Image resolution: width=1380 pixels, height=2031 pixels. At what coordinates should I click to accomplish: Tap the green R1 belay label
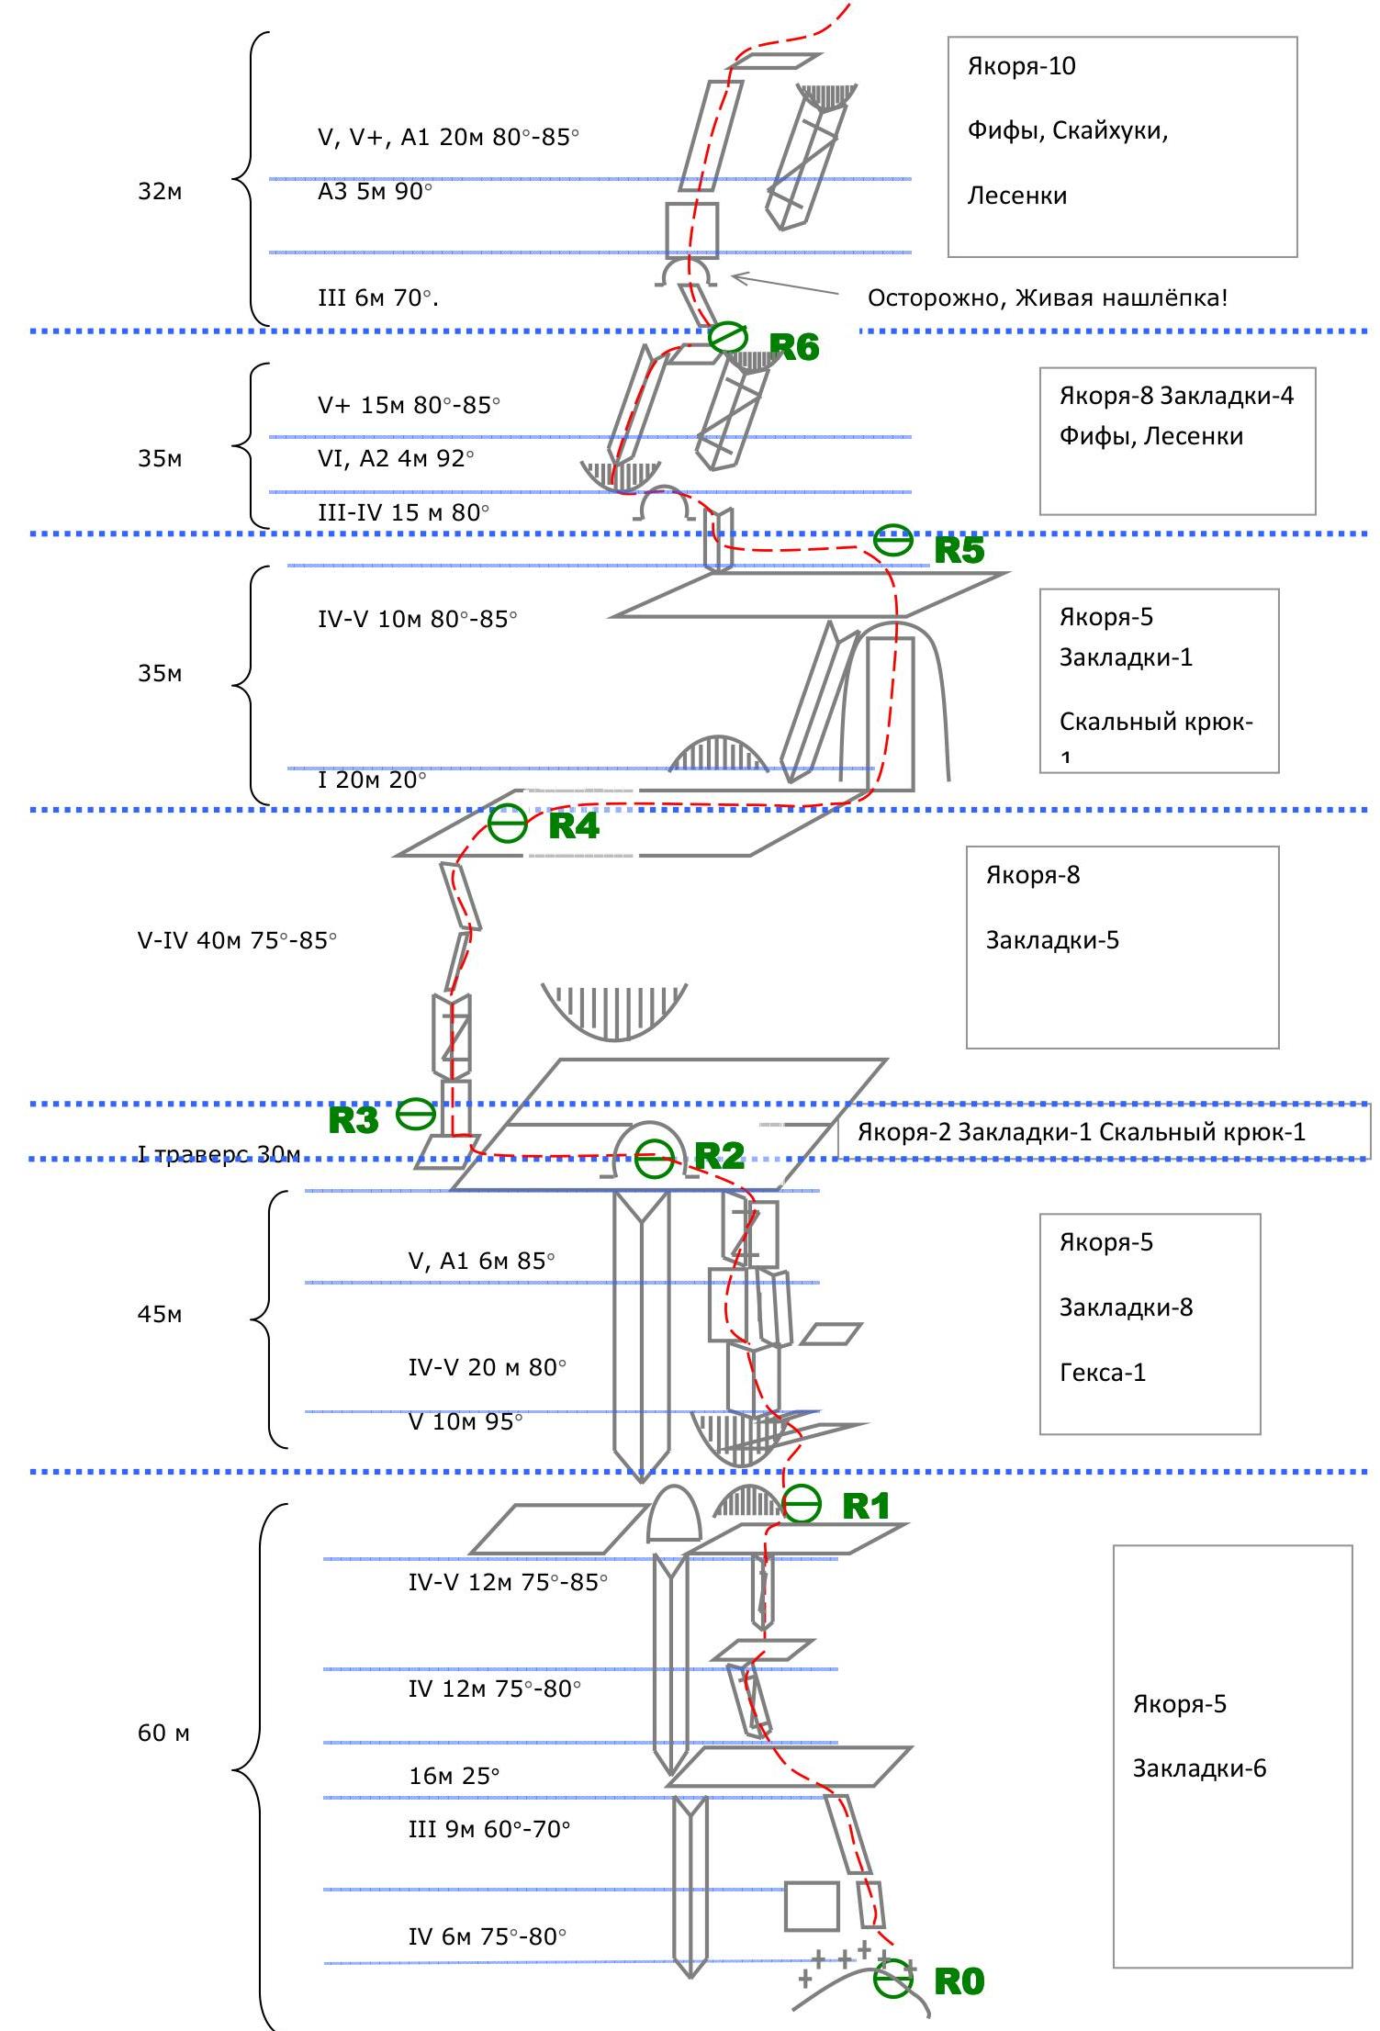click(x=866, y=1506)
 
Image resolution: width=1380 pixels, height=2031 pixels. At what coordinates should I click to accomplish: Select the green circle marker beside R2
click(x=655, y=1158)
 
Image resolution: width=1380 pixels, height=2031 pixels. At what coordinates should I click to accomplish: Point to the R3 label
click(x=353, y=1120)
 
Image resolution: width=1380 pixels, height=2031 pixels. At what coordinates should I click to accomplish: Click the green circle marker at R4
click(x=508, y=824)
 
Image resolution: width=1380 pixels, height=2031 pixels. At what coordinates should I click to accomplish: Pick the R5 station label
click(x=959, y=550)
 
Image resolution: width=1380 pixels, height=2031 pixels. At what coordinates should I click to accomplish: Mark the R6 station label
click(x=794, y=347)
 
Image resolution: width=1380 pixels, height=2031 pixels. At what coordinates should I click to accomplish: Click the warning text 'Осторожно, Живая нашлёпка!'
click(x=1047, y=298)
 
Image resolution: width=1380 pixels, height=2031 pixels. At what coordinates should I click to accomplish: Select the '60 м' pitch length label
click(x=163, y=1733)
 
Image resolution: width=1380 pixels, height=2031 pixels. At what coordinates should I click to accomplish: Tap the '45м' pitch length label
click(x=160, y=1315)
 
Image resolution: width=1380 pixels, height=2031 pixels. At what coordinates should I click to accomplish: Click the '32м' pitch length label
click(x=160, y=192)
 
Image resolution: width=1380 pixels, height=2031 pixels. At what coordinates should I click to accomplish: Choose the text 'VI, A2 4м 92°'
click(x=396, y=458)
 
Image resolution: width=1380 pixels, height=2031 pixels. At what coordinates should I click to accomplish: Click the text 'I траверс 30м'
click(x=219, y=1154)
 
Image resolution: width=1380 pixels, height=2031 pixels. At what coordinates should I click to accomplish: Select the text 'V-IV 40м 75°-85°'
click(x=237, y=941)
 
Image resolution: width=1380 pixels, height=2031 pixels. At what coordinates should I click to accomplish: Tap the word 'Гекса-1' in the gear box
click(x=1103, y=1373)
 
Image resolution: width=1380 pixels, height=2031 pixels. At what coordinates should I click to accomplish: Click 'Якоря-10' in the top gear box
click(x=1021, y=66)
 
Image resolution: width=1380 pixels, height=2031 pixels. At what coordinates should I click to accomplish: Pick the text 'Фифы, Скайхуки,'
click(x=1067, y=130)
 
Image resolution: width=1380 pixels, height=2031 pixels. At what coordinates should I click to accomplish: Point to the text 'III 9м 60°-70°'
click(x=489, y=1829)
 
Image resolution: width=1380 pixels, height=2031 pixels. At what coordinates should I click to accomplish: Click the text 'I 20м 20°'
click(x=372, y=780)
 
